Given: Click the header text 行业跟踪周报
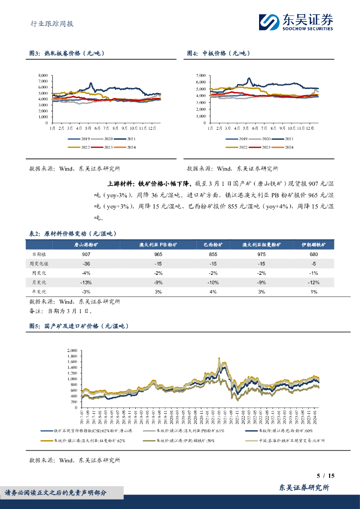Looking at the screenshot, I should point(48,23).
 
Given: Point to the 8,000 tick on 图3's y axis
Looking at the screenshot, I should point(43,76).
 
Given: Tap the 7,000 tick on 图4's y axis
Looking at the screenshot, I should point(200,76).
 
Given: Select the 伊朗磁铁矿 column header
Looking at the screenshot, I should point(313,245).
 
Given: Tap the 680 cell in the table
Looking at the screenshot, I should point(313,254).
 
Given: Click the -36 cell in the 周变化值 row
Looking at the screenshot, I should point(86,263).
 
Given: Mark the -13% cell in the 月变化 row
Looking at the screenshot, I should point(86,282).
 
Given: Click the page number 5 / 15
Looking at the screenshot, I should point(326,476).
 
